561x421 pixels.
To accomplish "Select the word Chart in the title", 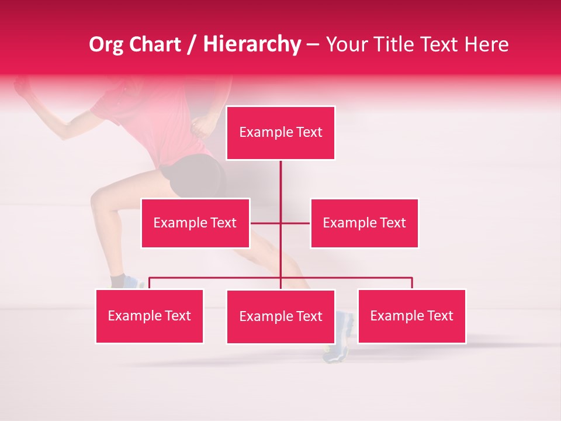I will click(156, 44).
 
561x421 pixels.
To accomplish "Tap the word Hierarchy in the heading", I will click(252, 44).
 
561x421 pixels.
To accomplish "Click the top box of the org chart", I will click(280, 133).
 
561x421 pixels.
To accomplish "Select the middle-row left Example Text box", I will click(195, 223).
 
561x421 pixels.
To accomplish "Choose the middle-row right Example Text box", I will click(364, 223).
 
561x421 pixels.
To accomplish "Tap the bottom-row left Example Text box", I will click(150, 316).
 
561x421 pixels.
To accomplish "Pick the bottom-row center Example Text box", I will click(280, 316).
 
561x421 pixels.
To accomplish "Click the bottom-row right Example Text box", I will click(412, 316).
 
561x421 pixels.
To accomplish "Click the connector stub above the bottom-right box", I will click(412, 283).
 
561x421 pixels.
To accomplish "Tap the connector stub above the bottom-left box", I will click(150, 283).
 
